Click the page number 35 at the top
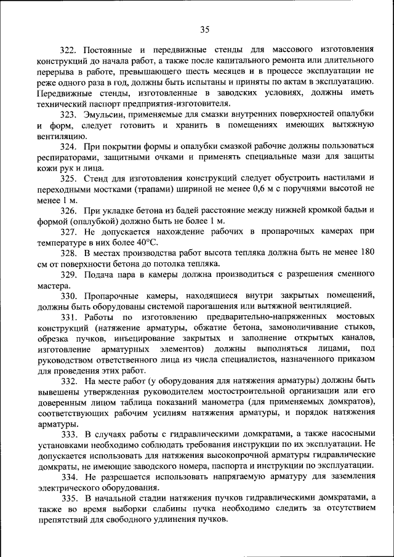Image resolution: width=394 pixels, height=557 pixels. click(x=205, y=28)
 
